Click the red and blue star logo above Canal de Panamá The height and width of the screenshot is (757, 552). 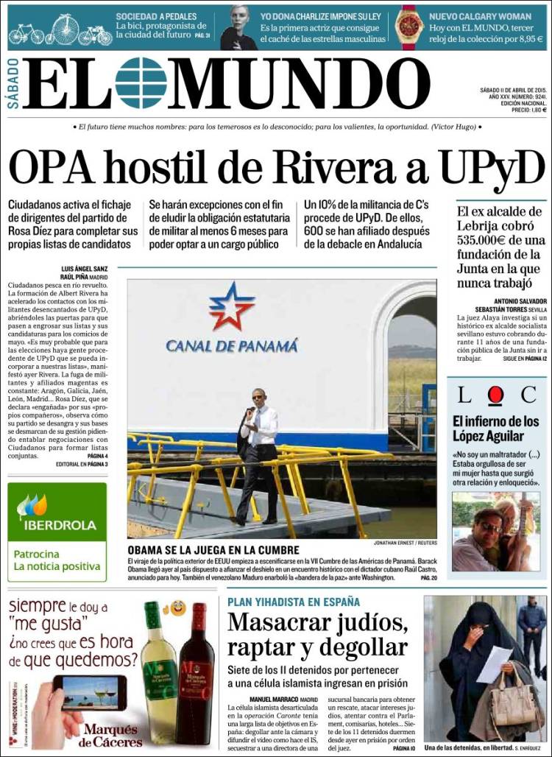coord(231,306)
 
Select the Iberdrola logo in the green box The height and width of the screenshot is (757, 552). coord(57,515)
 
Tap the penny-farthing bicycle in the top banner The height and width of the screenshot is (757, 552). coord(65,29)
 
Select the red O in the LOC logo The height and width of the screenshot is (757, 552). coord(495,395)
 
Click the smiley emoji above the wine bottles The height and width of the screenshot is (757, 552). coord(177,609)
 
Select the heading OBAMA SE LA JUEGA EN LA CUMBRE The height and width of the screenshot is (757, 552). coord(213,549)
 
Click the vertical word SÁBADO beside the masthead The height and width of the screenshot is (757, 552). coord(13,82)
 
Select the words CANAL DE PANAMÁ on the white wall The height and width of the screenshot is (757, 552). coord(232,345)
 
